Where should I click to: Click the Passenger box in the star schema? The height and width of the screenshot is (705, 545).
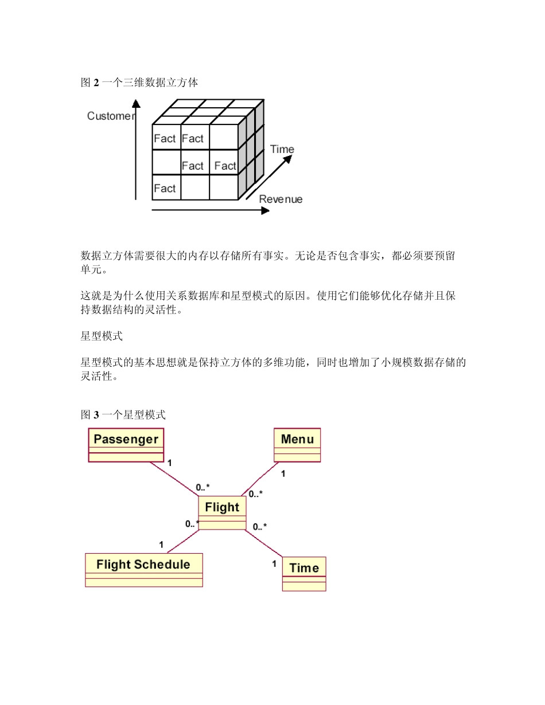click(x=126, y=444)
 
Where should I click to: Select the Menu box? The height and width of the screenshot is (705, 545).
click(x=297, y=444)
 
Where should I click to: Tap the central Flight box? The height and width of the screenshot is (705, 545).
click(x=222, y=512)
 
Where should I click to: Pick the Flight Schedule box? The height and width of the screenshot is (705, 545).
click(x=143, y=569)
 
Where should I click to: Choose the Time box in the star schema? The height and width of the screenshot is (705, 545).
click(x=304, y=573)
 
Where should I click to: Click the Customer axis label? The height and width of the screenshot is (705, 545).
click(x=110, y=116)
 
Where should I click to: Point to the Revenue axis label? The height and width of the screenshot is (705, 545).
click(x=281, y=199)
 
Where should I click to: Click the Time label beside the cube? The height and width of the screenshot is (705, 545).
click(x=282, y=150)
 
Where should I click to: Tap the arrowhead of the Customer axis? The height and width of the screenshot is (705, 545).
click(x=136, y=103)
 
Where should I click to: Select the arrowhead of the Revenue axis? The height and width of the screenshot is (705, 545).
click(x=265, y=210)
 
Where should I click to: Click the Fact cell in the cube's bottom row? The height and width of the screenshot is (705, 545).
click(x=165, y=188)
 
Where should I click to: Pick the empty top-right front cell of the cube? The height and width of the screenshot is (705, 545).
click(x=224, y=138)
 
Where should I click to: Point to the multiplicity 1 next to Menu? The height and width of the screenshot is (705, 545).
click(x=283, y=474)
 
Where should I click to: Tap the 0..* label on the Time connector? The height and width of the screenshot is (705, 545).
click(x=260, y=526)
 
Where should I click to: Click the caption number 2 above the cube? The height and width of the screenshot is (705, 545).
click(x=96, y=83)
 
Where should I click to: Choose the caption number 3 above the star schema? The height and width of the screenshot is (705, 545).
click(x=96, y=414)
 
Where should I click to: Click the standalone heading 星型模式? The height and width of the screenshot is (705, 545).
click(x=102, y=336)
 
